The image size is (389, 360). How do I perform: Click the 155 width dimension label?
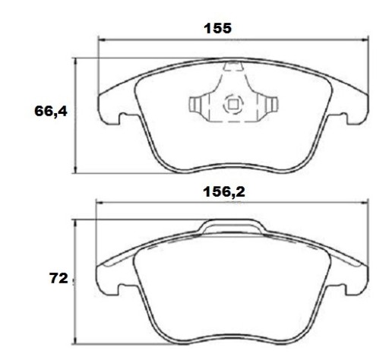(217, 28)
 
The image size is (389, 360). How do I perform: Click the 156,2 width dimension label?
(224, 192)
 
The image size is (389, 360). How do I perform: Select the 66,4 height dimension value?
(51, 111)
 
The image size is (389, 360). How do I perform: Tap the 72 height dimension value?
(59, 278)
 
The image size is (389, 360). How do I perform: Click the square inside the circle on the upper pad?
(233, 104)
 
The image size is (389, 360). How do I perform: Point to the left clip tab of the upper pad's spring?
(195, 104)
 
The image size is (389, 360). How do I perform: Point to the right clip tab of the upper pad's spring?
(271, 104)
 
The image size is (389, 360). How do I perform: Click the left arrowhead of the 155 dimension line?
(101, 39)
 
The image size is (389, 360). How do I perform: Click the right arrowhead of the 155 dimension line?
(365, 39)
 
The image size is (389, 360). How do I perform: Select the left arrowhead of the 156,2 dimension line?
(100, 202)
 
